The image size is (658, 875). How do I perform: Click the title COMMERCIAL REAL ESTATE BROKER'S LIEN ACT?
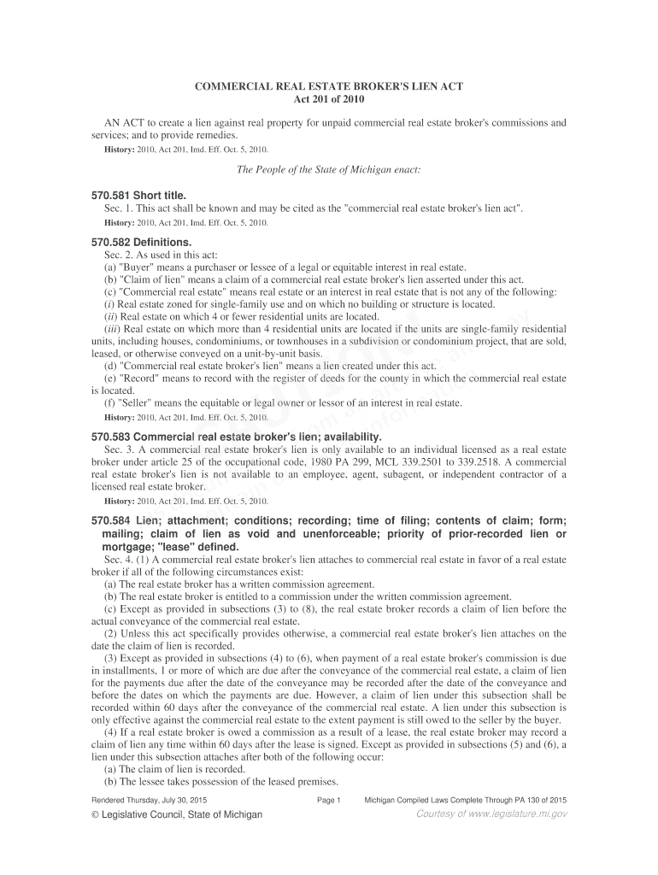pyautogui.click(x=330, y=88)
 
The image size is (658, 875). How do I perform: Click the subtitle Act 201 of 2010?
pyautogui.click(x=330, y=101)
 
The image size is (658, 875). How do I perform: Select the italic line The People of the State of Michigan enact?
pyautogui.click(x=329, y=169)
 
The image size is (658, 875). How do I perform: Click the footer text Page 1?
pyautogui.click(x=329, y=800)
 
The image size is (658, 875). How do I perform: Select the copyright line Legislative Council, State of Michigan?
pyautogui.click(x=176, y=814)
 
